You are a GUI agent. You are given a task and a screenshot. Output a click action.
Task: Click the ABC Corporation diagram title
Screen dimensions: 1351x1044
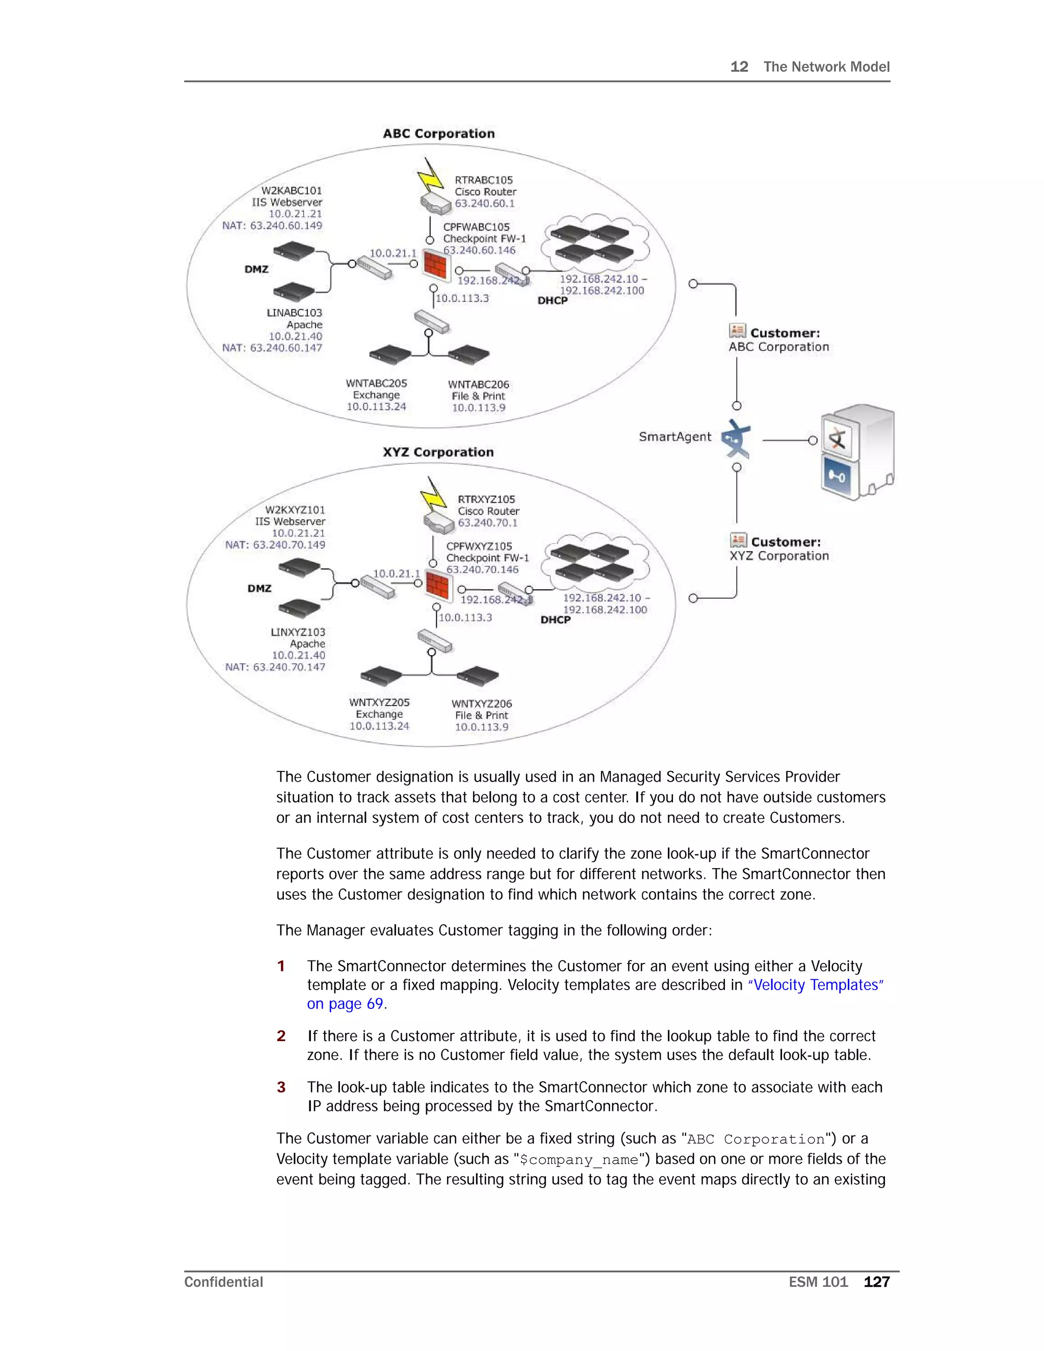coord(438,134)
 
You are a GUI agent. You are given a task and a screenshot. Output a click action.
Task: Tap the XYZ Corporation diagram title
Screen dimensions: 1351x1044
coord(438,452)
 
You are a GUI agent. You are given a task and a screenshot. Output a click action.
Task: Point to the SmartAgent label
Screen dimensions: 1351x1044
coord(675,437)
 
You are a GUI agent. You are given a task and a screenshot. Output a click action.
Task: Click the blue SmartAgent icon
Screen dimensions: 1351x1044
coord(736,439)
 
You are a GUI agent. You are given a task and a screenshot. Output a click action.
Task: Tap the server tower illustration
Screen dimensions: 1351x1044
coord(858,452)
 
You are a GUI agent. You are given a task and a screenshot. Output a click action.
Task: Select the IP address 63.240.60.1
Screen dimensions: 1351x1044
coord(484,203)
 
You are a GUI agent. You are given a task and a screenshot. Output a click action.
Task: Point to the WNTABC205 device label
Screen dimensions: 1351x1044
coord(376,383)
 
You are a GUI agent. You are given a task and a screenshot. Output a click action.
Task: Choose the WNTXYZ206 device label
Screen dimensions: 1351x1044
coord(481,704)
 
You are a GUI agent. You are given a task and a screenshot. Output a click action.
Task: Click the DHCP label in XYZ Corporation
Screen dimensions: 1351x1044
coord(556,620)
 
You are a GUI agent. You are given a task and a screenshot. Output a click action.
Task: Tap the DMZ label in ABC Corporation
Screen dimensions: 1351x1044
coord(256,270)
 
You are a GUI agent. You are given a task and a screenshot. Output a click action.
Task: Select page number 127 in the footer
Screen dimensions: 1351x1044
coord(876,1282)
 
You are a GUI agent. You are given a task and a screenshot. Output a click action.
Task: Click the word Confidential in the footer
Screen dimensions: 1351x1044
coord(223,1282)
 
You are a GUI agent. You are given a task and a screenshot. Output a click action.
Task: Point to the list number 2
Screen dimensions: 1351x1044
coord(281,1036)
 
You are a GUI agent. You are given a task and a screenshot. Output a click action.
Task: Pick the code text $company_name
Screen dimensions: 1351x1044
coord(578,1160)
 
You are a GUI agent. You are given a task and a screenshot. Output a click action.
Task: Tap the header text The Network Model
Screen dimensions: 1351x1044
coord(826,67)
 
